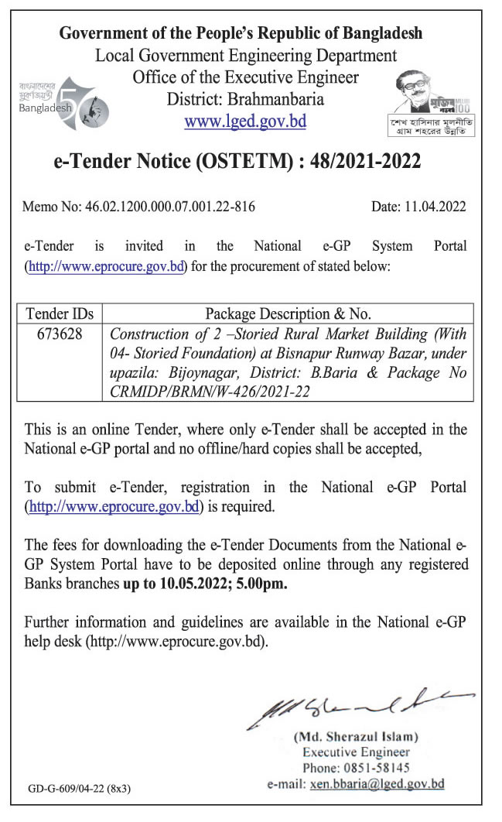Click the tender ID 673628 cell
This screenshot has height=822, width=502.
60,334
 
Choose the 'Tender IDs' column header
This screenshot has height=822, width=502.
60,314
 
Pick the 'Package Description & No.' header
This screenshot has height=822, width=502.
288,314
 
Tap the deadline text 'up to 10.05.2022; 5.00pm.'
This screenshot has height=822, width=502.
205,584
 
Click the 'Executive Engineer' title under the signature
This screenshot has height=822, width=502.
356,752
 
